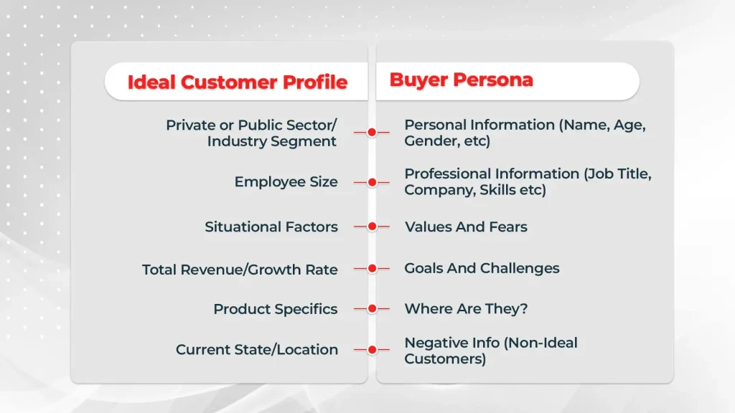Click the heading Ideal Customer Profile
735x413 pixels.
(x=237, y=82)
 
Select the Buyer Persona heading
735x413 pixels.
(x=461, y=80)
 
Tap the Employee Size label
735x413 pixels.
(x=286, y=182)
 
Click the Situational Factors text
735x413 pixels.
(x=271, y=227)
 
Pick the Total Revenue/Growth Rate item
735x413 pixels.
(x=240, y=270)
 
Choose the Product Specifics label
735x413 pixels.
(x=275, y=309)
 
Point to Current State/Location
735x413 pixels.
(x=256, y=350)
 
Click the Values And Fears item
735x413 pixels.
(x=466, y=227)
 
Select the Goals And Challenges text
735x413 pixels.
(x=482, y=268)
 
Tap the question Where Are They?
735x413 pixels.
(x=466, y=309)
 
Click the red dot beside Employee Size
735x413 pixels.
(x=372, y=182)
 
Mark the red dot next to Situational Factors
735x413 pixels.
(x=372, y=227)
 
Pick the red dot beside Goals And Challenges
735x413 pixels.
(x=372, y=268)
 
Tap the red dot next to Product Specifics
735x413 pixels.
(x=372, y=309)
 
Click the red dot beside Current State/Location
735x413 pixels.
(x=372, y=350)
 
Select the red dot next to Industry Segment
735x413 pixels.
(x=372, y=133)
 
